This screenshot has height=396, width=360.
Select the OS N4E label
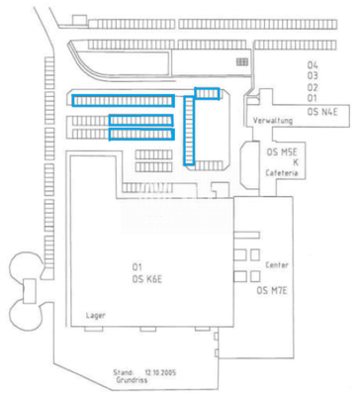(323, 113)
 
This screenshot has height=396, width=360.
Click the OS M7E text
(271, 291)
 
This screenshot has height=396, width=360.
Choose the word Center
(277, 266)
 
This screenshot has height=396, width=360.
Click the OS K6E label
(146, 281)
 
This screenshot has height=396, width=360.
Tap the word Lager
(96, 314)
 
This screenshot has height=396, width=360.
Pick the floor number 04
(313, 64)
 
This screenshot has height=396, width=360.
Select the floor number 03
(313, 75)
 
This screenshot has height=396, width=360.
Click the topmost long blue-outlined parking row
(124, 99)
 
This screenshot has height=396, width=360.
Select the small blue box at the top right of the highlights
(207, 93)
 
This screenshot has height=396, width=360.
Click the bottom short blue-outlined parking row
(141, 134)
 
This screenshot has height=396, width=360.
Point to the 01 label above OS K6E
(138, 268)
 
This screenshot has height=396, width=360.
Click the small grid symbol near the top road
(240, 61)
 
